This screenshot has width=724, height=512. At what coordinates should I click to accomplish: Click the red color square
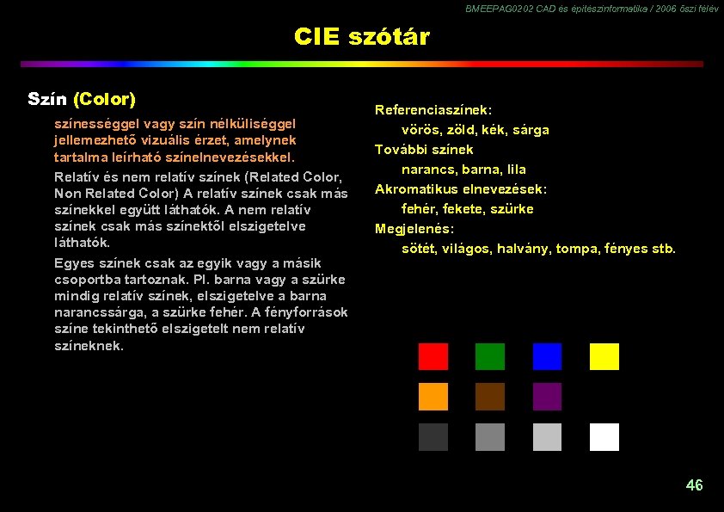coord(433,356)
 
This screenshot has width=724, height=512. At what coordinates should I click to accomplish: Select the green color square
coord(490,356)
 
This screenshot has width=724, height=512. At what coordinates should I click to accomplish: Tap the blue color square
coord(547,356)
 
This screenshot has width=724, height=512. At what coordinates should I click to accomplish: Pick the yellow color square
coord(604,356)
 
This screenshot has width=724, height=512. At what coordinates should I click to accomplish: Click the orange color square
coord(433,397)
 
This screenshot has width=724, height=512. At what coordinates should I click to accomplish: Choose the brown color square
coord(490,397)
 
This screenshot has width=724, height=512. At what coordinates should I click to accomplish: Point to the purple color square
coord(547,397)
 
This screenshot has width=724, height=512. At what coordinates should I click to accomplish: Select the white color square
coord(604,437)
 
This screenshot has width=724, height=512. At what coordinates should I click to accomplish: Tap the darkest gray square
coord(433,437)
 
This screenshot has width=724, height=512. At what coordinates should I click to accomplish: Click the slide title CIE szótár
coord(361,37)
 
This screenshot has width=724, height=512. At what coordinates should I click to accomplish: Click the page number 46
coord(694,485)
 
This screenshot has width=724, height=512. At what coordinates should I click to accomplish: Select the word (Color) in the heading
coord(105,99)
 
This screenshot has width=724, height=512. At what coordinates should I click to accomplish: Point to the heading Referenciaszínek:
coord(433,110)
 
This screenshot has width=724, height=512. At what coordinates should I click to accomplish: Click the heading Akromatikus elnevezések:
coord(461,189)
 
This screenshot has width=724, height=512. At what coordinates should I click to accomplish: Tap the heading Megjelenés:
coord(414,229)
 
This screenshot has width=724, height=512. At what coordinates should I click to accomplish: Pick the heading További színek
coord(424,150)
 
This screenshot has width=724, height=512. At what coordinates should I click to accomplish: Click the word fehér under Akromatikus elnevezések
coord(420,209)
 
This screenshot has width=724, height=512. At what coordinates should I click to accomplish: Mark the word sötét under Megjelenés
coord(420,249)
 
